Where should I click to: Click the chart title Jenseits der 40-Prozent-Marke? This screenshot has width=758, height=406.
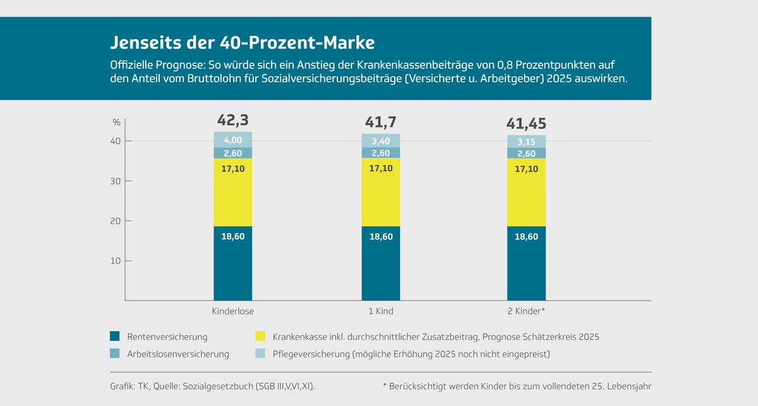pyautogui.click(x=243, y=42)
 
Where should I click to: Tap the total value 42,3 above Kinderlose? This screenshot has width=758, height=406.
pyautogui.click(x=232, y=120)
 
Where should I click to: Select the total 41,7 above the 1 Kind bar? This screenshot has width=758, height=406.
pyautogui.click(x=380, y=122)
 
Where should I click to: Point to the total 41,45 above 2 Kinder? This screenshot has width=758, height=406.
pyautogui.click(x=526, y=123)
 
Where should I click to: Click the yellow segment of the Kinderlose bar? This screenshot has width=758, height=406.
pyautogui.click(x=232, y=192)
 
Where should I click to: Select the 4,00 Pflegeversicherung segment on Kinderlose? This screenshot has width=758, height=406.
pyautogui.click(x=232, y=140)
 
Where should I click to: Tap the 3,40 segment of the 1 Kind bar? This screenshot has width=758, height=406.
pyautogui.click(x=380, y=141)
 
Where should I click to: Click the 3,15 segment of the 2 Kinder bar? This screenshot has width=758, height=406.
pyautogui.click(x=526, y=141)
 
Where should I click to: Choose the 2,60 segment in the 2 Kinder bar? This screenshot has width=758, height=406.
pyautogui.click(x=526, y=153)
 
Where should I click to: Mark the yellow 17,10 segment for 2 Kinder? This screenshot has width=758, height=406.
pyautogui.click(x=526, y=192)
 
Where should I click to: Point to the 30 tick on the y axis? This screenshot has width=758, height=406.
pyautogui.click(x=117, y=181)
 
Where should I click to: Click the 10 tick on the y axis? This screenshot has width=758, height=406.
pyautogui.click(x=117, y=261)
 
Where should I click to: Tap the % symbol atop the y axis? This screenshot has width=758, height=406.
pyautogui.click(x=116, y=122)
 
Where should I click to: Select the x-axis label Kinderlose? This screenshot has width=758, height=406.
pyautogui.click(x=232, y=311)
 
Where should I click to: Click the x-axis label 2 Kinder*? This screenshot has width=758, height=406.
pyautogui.click(x=526, y=311)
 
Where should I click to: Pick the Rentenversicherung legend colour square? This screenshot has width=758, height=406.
pyautogui.click(x=114, y=337)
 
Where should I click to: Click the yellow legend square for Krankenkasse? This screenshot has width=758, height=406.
pyautogui.click(x=259, y=337)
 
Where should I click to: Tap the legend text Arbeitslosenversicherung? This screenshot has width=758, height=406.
pyautogui.click(x=178, y=354)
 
